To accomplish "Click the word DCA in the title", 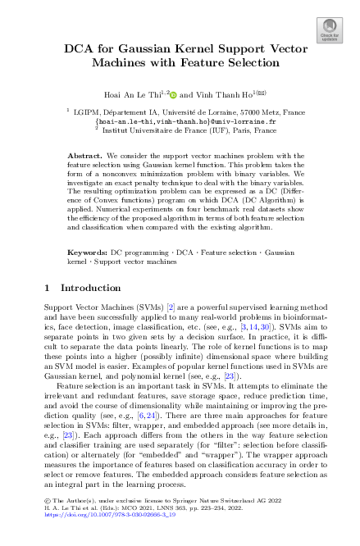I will pos(79,48).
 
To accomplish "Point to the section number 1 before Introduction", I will pos(48,289).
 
